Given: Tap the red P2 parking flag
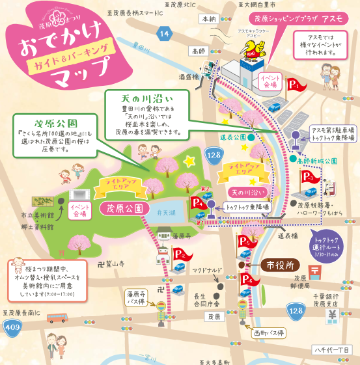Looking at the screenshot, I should (182, 253).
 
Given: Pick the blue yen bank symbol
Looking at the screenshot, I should (331, 316).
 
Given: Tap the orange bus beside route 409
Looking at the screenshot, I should (57, 318).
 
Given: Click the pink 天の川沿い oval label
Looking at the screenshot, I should (248, 193).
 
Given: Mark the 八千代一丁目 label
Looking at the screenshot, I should (333, 350).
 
